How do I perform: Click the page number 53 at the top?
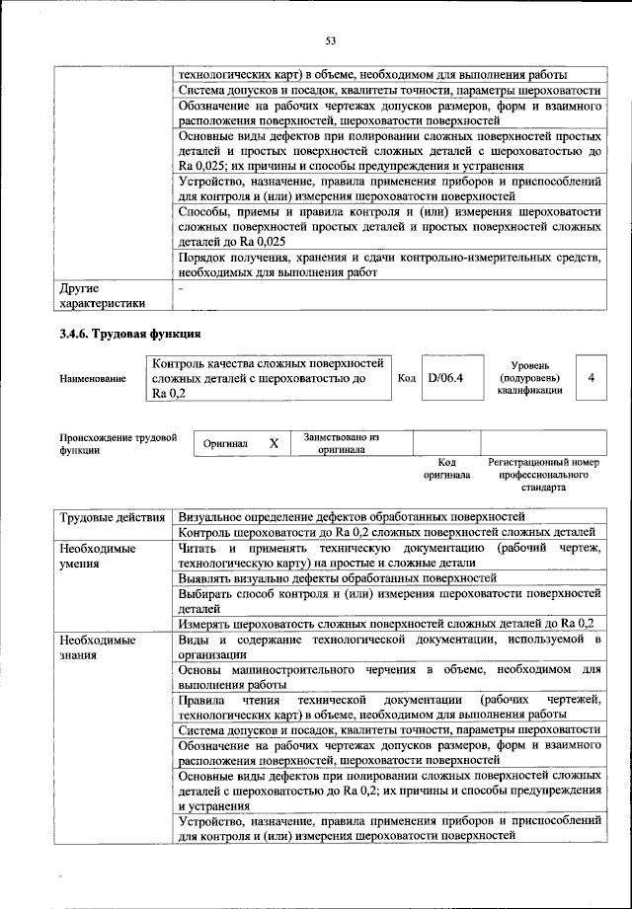330,39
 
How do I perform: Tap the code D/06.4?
445,378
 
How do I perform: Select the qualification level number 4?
591,378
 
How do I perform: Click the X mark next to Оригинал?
274,444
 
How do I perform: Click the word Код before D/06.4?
406,378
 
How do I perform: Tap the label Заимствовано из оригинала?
341,442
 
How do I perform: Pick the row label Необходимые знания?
97,647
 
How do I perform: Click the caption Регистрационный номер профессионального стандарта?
544,474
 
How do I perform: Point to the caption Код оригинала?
446,468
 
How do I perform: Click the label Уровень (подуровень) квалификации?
529,377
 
